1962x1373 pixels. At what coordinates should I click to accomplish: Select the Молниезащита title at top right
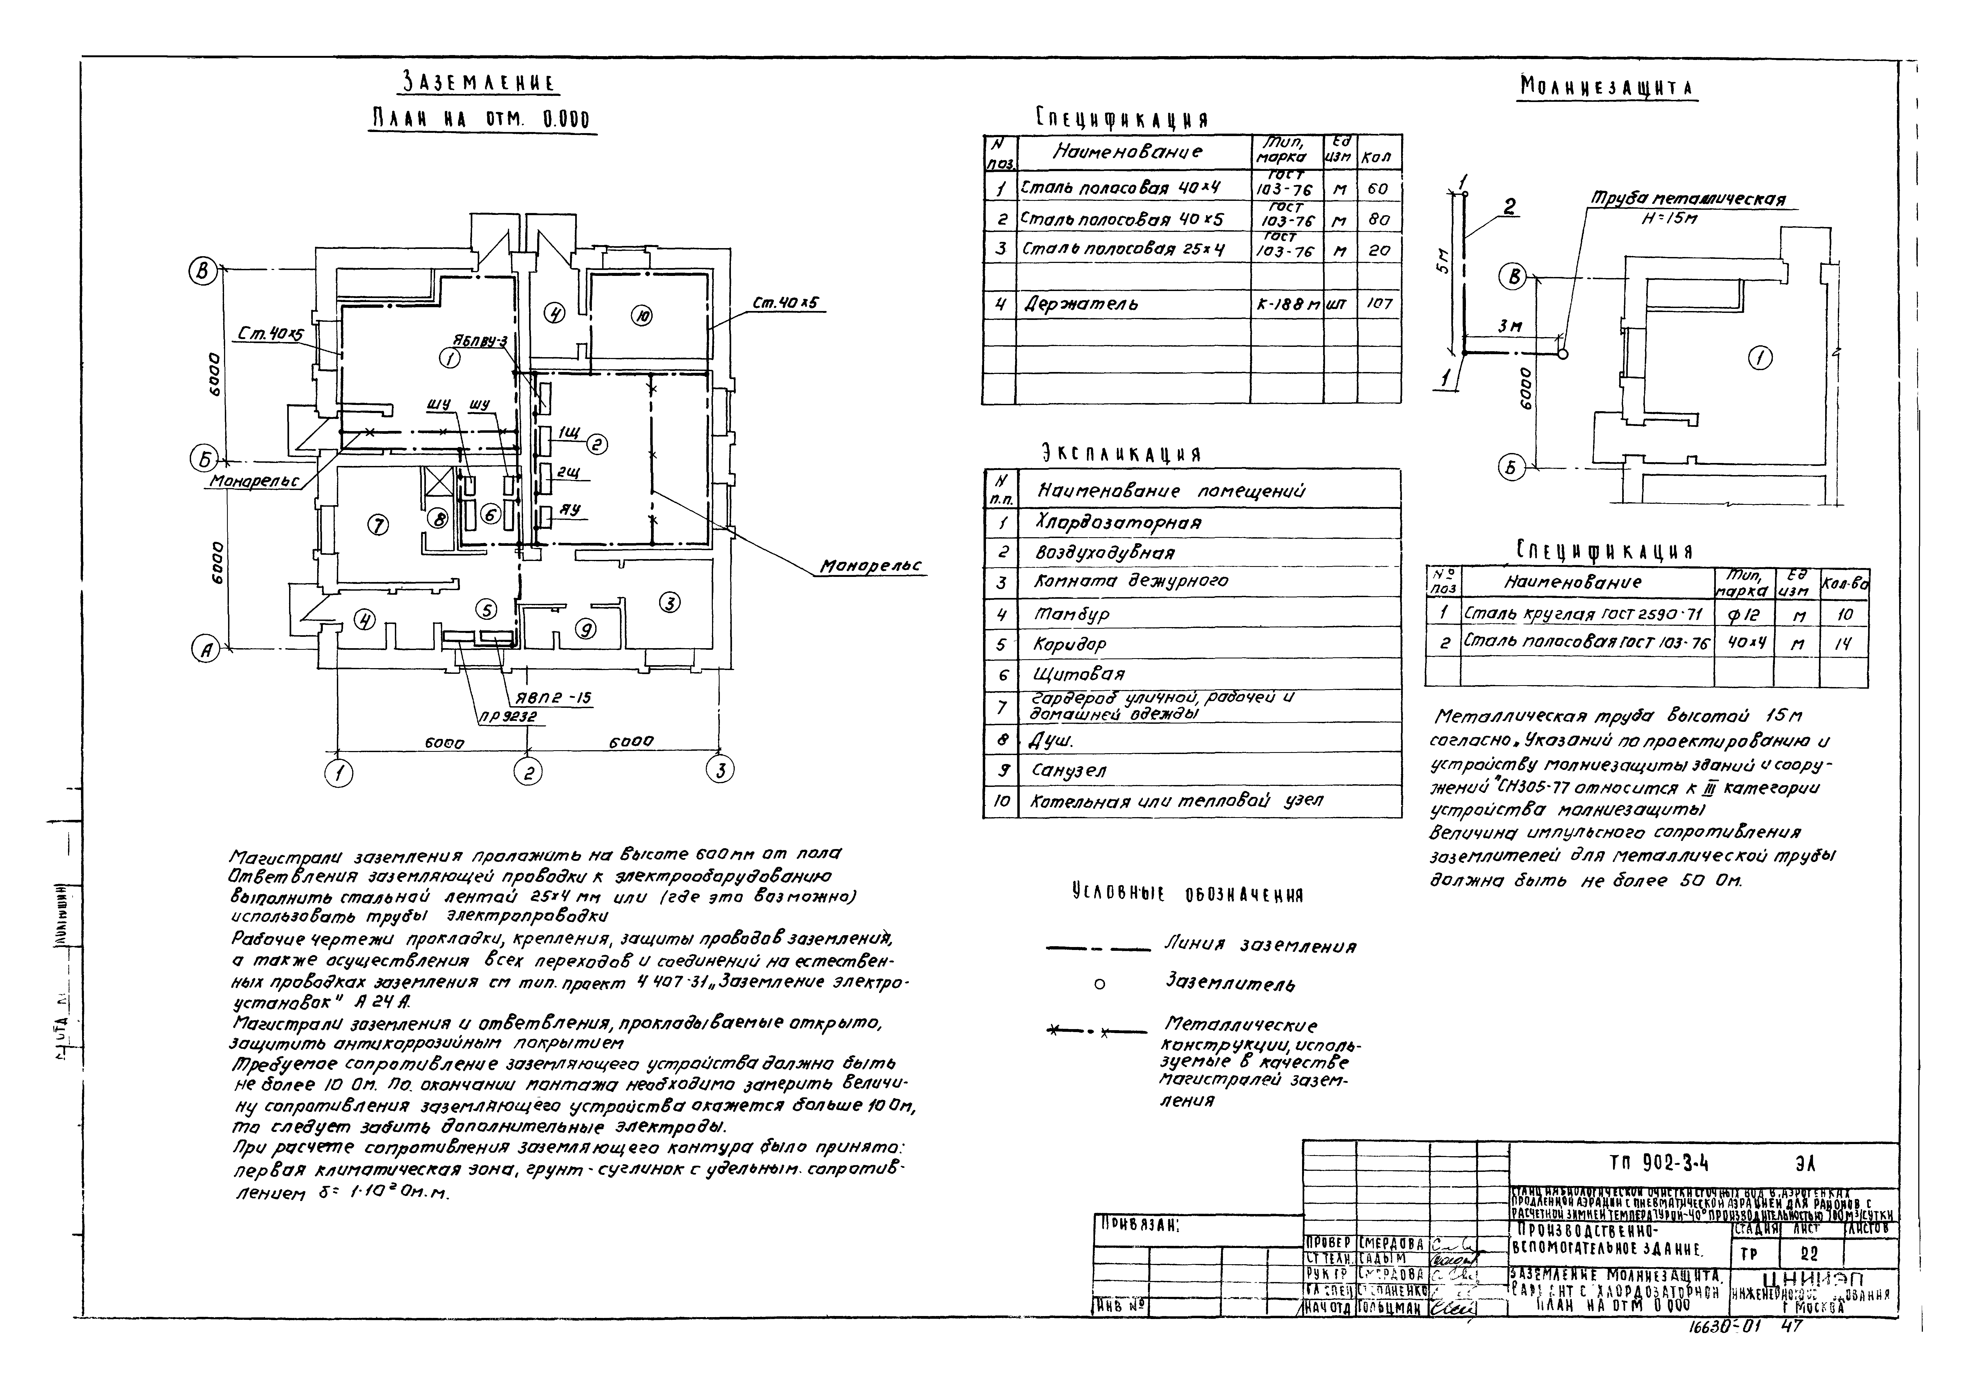1607,88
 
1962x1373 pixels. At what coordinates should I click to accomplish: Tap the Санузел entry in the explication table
1069,770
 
